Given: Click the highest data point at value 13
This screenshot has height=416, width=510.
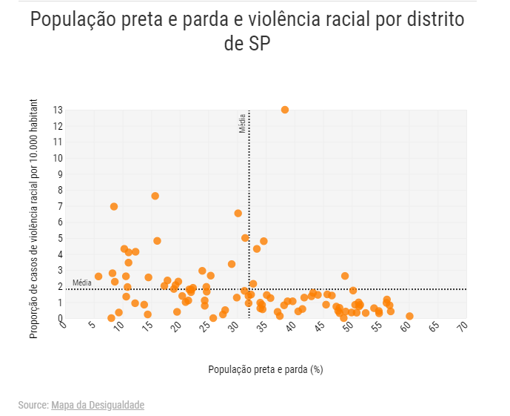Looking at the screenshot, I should click(285, 110).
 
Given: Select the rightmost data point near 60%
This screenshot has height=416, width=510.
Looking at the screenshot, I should click(409, 316).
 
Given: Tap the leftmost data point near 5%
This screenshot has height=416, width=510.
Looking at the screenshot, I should click(98, 277).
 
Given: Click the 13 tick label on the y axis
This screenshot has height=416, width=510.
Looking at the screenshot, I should click(57, 110).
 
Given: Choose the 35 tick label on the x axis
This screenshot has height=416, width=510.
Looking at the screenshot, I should click(262, 326).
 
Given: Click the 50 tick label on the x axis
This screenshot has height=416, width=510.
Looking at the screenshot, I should click(348, 326).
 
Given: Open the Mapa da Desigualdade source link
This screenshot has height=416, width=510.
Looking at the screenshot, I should click(98, 405).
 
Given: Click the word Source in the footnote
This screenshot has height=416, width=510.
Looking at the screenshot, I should click(33, 405).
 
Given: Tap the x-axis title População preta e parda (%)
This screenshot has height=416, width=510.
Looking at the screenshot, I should click(265, 369).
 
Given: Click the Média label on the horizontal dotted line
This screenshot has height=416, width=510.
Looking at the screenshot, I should click(82, 283).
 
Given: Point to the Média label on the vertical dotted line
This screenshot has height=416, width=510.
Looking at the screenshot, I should click(242, 123).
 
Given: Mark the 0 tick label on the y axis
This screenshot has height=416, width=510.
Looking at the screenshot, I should click(59, 318).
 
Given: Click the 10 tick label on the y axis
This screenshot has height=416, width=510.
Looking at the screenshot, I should click(57, 158).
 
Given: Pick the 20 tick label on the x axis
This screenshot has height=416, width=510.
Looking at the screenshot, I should click(176, 326).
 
